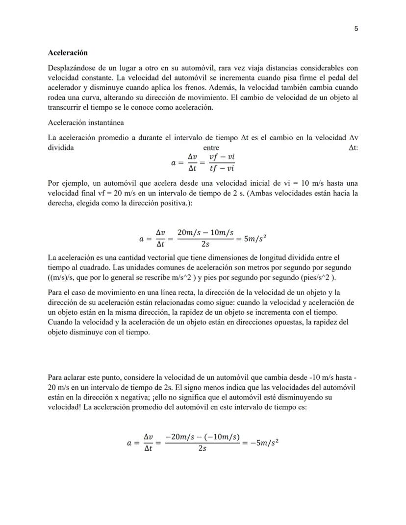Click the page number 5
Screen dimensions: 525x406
coord(356,28)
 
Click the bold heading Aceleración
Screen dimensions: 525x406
coord(68,52)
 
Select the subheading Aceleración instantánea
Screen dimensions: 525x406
coord(85,123)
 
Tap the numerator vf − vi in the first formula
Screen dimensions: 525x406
coord(222,157)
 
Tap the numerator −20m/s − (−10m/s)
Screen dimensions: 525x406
coord(202,437)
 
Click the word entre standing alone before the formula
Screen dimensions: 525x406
coord(211,148)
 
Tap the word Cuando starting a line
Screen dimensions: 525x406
coord(59,322)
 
